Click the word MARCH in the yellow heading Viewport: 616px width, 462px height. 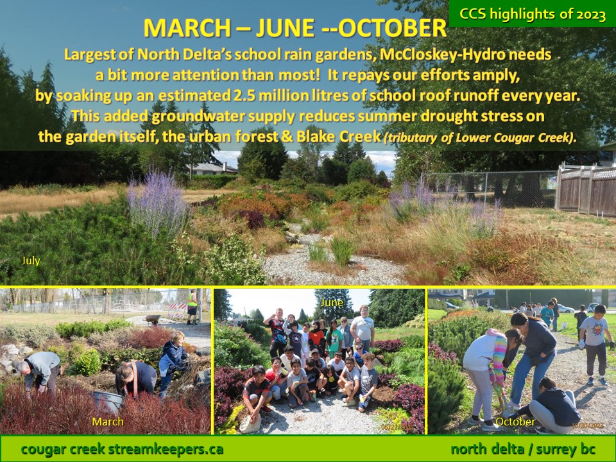tap(187, 28)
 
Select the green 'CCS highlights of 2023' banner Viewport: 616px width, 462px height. tap(533, 13)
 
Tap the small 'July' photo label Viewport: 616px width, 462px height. tap(31, 261)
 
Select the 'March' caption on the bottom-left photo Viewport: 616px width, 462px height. tap(108, 422)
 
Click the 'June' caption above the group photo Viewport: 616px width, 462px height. tap(332, 302)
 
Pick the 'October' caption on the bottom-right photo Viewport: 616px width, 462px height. tap(515, 422)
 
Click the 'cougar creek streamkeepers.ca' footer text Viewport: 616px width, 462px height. tap(122, 449)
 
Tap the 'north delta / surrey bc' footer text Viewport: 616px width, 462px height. tap(523, 449)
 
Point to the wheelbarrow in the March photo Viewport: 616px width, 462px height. tap(153, 320)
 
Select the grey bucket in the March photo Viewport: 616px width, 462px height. tap(107, 400)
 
